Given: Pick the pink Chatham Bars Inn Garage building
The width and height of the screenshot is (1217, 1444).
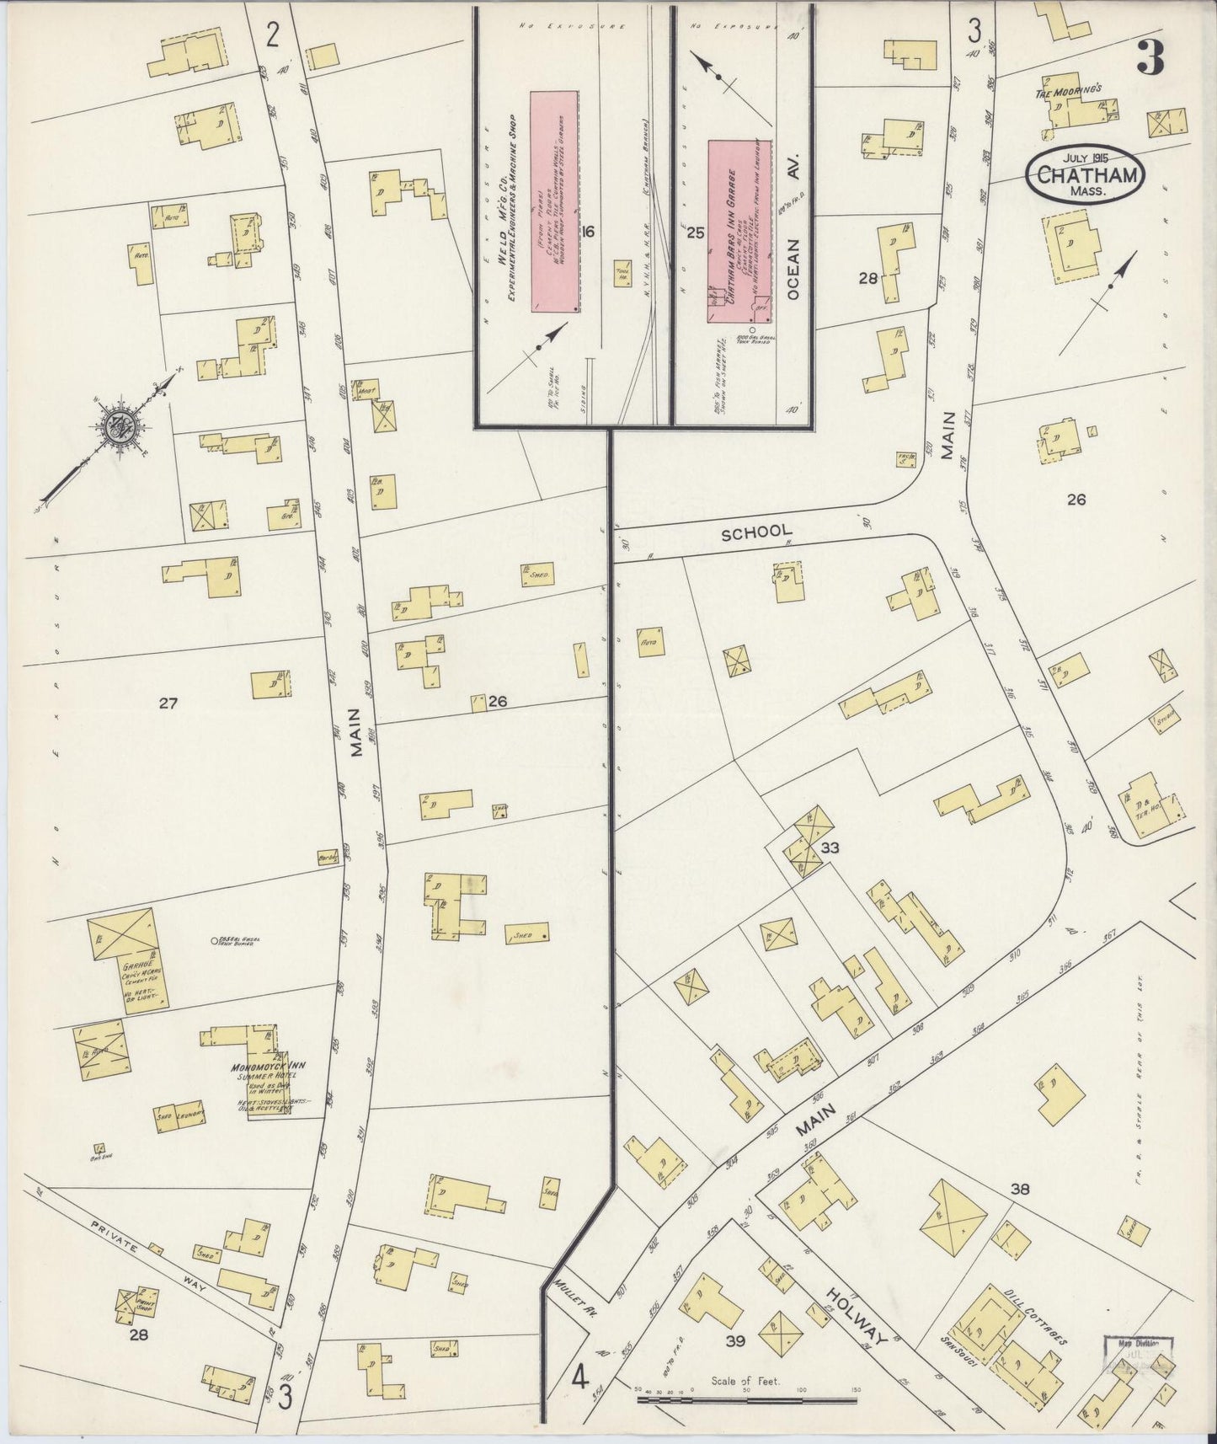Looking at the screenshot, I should point(740,231).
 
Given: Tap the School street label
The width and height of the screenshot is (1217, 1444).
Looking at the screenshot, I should point(756,531).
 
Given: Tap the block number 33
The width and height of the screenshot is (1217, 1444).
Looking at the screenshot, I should point(830,848).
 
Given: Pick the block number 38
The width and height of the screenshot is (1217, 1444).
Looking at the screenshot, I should point(1021,1189).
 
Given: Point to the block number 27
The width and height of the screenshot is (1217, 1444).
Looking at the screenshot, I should point(168,702).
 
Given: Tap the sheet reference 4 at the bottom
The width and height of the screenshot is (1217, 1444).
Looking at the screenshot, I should point(579,1380).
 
